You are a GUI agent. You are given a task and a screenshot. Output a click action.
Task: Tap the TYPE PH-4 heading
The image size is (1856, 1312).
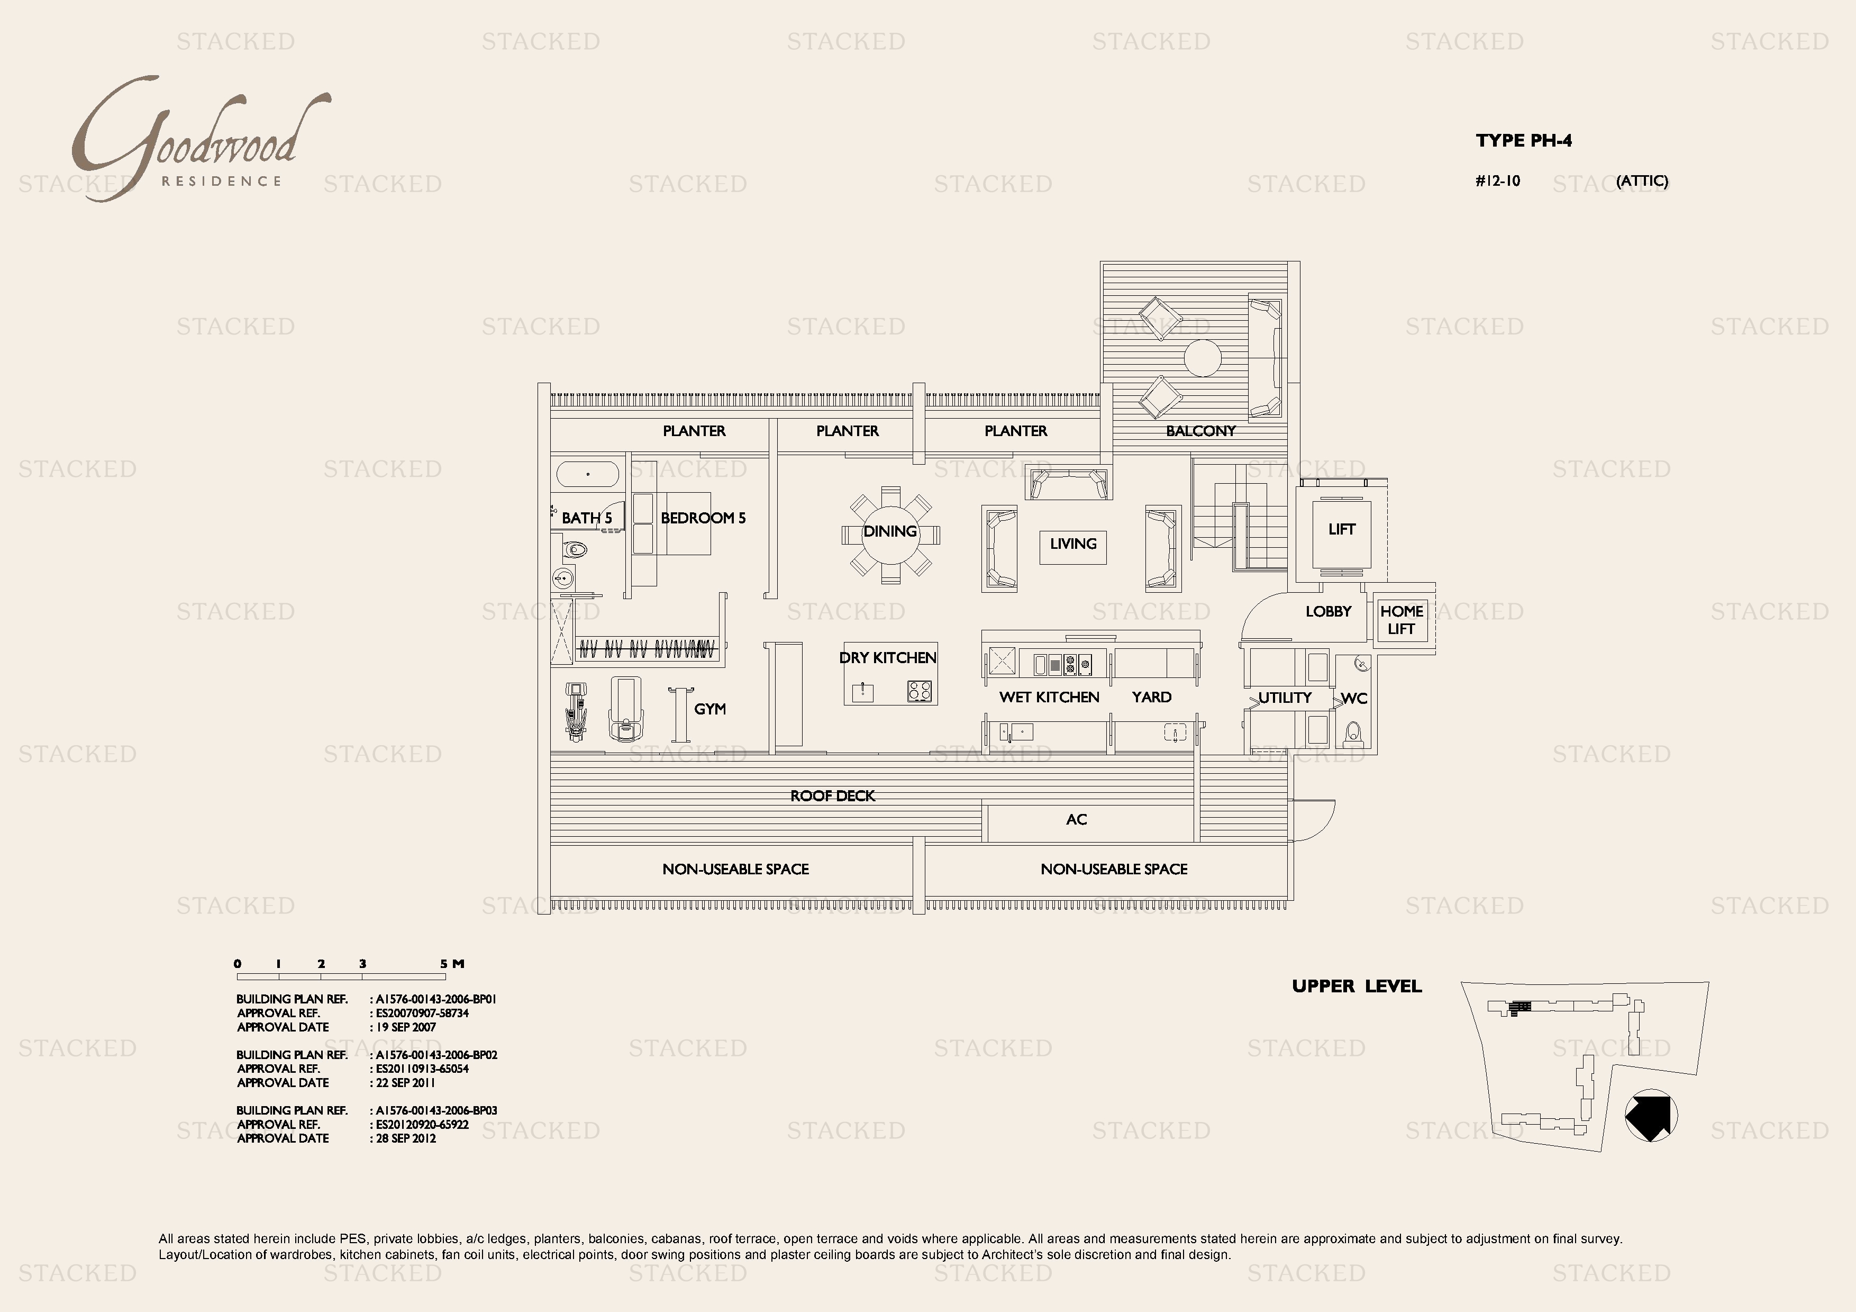click(1523, 141)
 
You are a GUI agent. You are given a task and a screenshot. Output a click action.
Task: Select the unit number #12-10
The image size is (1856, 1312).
click(1497, 181)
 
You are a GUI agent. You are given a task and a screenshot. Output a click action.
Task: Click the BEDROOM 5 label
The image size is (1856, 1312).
click(703, 518)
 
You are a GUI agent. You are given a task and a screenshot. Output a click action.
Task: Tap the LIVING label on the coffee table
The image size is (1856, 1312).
click(1072, 544)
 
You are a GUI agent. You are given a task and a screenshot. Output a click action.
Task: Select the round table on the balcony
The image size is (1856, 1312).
click(1202, 358)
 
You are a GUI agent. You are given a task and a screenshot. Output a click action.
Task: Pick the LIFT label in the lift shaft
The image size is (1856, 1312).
click(1341, 529)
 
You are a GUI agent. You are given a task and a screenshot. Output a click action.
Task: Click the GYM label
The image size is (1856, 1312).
click(709, 709)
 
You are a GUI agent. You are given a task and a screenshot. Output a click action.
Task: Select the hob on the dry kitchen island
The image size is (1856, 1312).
click(919, 691)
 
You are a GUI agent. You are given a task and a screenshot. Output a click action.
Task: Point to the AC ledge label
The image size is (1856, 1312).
click(1076, 820)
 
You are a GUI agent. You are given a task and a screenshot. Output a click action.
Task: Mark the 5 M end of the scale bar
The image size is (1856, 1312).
click(451, 964)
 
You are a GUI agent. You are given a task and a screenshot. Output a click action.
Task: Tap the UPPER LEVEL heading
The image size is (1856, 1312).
click(1357, 986)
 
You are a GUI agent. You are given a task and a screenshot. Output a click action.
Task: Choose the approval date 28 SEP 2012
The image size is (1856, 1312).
click(406, 1138)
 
